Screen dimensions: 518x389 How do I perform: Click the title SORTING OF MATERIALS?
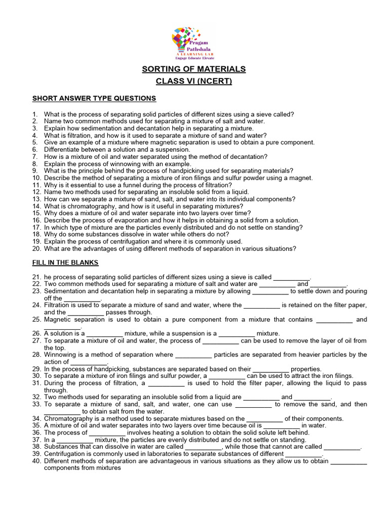click(x=194, y=69)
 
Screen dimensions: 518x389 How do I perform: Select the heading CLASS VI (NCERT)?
click(x=194, y=81)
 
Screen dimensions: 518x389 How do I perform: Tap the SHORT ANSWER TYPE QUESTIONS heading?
click(x=94, y=98)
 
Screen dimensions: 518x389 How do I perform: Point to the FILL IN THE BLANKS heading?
click(x=65, y=263)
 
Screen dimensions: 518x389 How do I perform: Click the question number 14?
click(x=36, y=206)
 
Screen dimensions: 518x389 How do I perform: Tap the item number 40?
click(x=36, y=461)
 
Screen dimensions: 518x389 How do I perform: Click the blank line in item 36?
click(x=107, y=433)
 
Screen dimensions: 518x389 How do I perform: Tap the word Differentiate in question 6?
click(x=63, y=150)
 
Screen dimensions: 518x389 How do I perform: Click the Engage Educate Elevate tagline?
click(x=196, y=58)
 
